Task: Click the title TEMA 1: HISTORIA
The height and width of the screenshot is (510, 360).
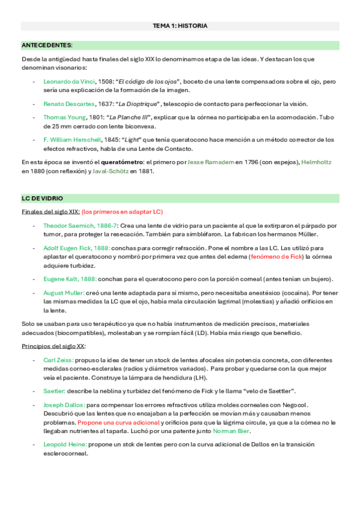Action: (180, 26)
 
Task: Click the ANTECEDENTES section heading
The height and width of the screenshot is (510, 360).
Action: (47, 45)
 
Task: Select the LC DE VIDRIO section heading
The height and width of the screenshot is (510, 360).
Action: (42, 198)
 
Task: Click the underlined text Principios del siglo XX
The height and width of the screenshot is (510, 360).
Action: (53, 346)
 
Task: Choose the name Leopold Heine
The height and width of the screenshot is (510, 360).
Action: (65, 444)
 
